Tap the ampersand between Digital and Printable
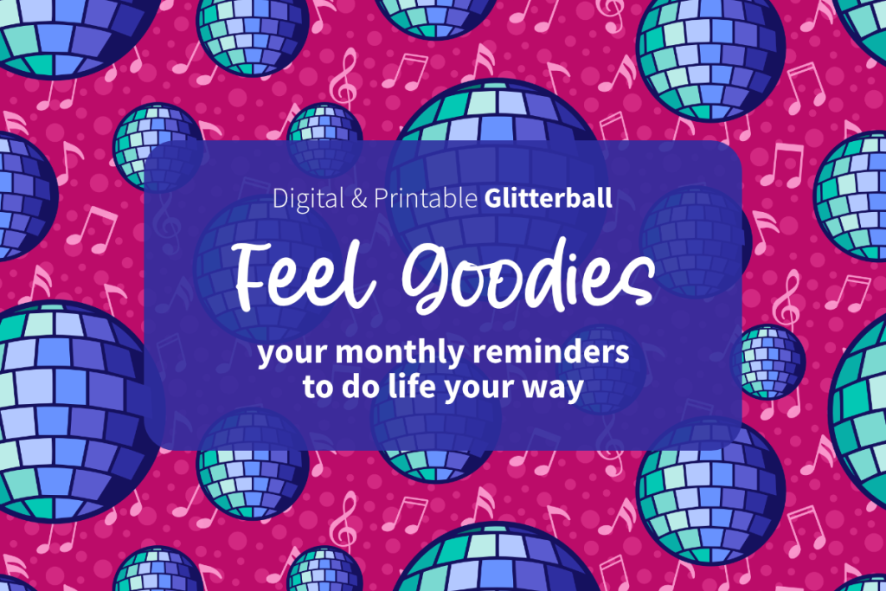[x=359, y=198]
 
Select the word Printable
[x=426, y=198]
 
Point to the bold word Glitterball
[x=548, y=198]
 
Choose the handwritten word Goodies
[x=529, y=278]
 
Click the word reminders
[x=550, y=351]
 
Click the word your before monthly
[x=292, y=354]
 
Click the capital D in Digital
[x=280, y=198]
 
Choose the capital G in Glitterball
[x=492, y=198]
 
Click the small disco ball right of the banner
[x=768, y=362]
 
